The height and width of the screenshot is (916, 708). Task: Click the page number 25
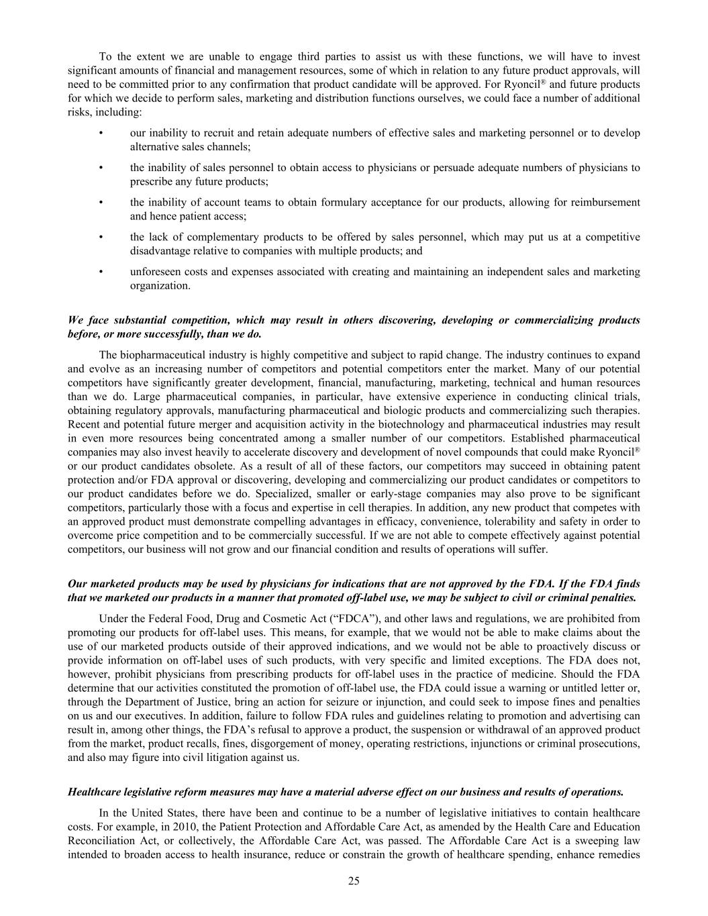pyautogui.click(x=354, y=881)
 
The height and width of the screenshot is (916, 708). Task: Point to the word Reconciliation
pyautogui.click(x=101, y=840)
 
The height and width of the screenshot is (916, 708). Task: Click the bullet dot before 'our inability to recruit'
pyautogui.click(x=101, y=133)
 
